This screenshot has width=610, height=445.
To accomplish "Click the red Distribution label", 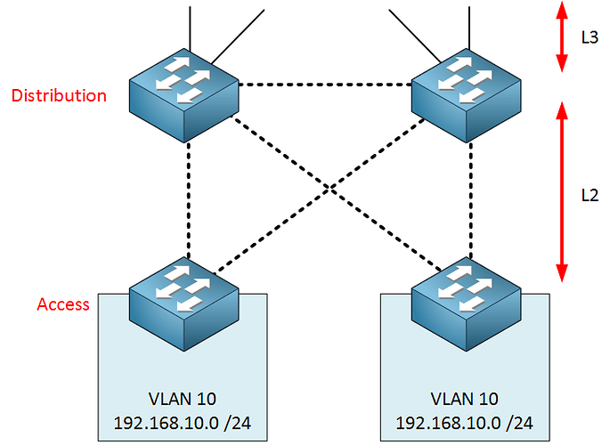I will pos(59,95).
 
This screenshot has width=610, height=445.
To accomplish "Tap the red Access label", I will pos(63,304).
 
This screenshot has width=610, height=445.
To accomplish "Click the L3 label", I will pos(589,38).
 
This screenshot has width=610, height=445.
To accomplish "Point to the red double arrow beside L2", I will pos(562,191).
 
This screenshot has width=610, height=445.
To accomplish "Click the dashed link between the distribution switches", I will pos(326,85).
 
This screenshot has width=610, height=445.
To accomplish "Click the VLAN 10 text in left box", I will pos(183,398).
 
